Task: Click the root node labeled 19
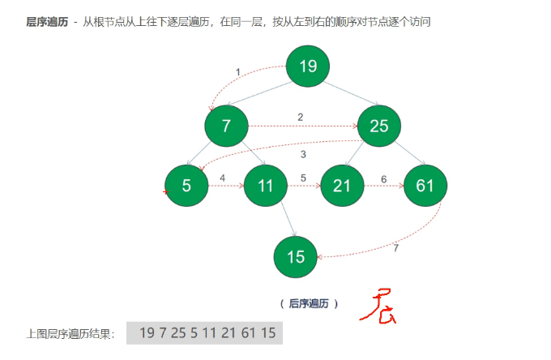(x=308, y=66)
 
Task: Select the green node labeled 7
(x=226, y=126)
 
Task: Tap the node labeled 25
(x=378, y=126)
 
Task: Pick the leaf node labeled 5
(x=186, y=186)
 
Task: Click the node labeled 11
(x=265, y=186)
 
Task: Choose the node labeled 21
(x=342, y=186)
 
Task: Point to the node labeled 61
(x=425, y=186)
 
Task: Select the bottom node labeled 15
(x=296, y=256)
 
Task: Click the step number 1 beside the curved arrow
(x=237, y=72)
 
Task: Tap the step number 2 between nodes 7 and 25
(x=300, y=117)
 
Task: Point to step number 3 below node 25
(x=303, y=154)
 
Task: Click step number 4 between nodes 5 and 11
(x=222, y=178)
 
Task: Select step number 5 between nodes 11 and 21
(x=303, y=178)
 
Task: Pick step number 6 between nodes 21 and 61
(x=383, y=178)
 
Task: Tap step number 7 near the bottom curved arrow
(x=395, y=248)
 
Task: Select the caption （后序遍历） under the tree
(x=309, y=303)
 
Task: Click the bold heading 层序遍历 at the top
(x=46, y=22)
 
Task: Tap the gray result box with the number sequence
(x=204, y=332)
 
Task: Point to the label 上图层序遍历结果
(x=70, y=333)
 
